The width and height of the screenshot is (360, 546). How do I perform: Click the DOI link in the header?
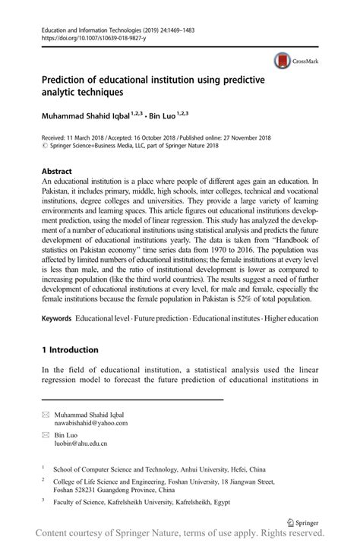[91, 36]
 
